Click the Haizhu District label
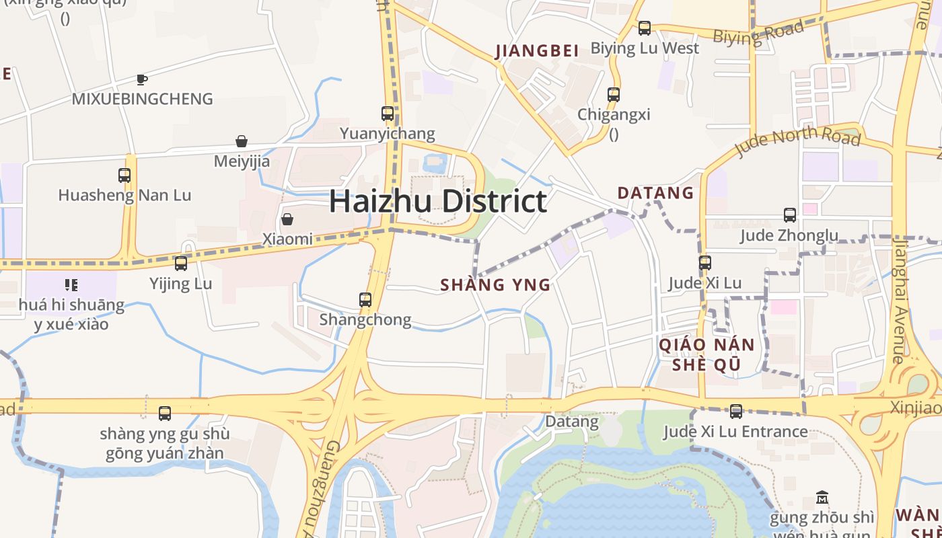(438, 201)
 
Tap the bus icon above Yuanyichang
(388, 114)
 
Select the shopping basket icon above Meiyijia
(242, 141)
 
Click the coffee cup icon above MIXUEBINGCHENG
(142, 79)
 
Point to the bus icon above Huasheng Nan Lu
(124, 176)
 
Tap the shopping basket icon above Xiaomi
(287, 219)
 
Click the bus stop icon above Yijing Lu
(180, 264)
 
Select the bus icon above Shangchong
(365, 300)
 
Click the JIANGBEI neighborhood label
(537, 51)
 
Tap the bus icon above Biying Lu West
(645, 28)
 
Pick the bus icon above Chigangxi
(614, 95)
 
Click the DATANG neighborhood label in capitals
(655, 193)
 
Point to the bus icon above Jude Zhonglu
(790, 215)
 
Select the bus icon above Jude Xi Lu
(705, 263)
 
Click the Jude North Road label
(797, 140)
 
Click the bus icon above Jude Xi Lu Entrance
(736, 412)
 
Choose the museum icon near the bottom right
(822, 498)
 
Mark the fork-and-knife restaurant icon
(71, 284)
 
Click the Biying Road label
(758, 33)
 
